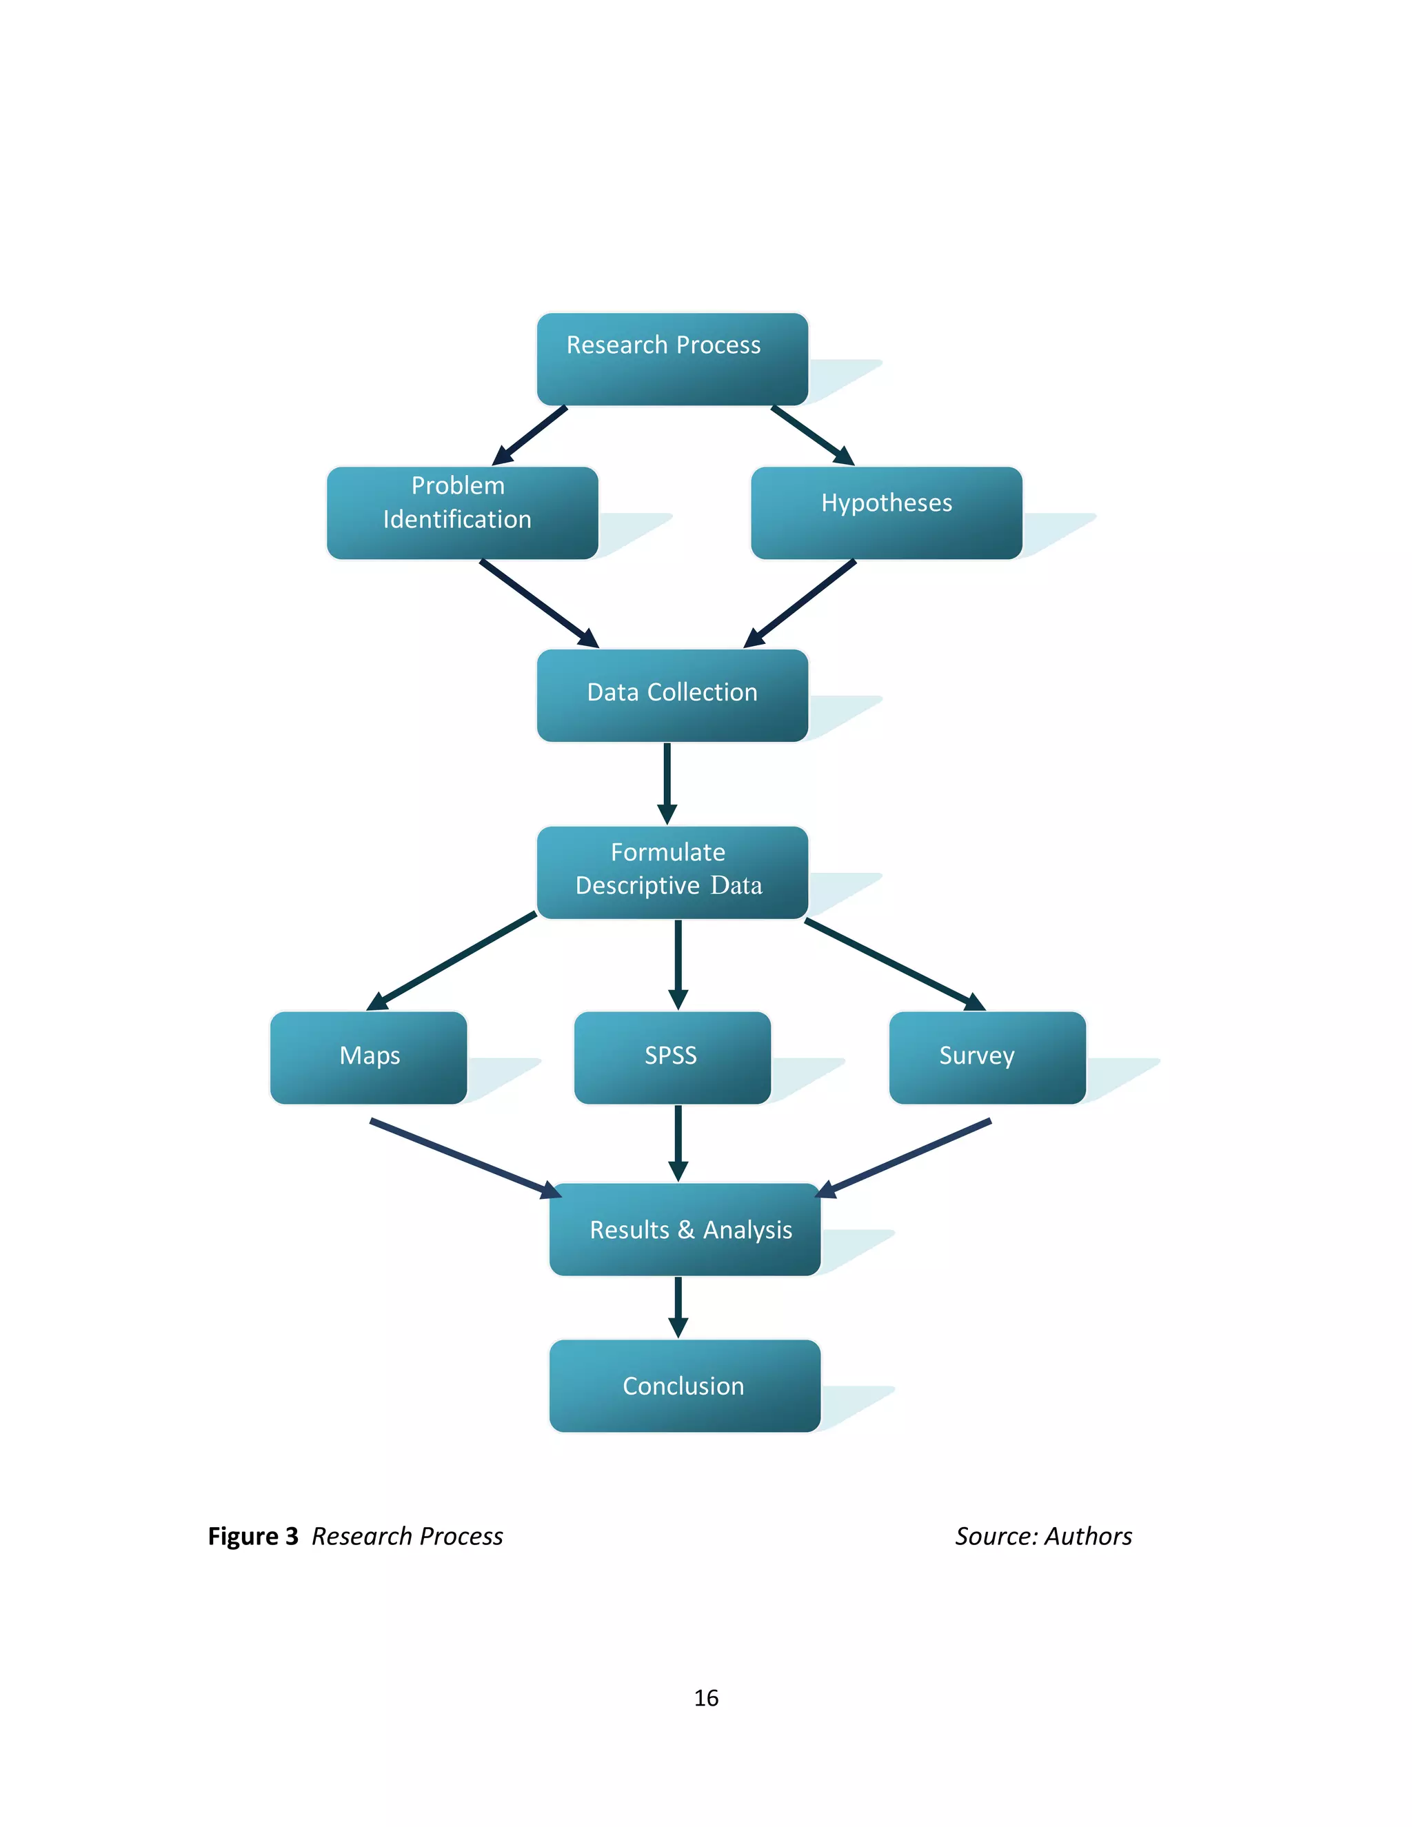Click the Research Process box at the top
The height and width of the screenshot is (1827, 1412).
click(672, 359)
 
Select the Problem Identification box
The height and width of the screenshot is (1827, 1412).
click(462, 513)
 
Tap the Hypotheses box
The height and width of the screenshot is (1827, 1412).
click(886, 513)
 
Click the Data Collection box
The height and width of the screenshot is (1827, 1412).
click(672, 695)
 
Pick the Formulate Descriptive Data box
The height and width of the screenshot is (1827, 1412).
click(672, 873)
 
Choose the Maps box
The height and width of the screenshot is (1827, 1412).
click(368, 1058)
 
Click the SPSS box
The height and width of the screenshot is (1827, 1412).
click(672, 1058)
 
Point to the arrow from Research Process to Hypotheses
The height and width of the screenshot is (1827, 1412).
click(811, 435)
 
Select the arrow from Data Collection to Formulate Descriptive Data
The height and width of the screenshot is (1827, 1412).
click(667, 783)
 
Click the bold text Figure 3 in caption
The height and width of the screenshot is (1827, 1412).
click(252, 1537)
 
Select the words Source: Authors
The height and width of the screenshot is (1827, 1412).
click(1043, 1537)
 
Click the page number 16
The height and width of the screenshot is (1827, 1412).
click(706, 1697)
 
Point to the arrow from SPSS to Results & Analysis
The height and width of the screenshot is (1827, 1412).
click(678, 1142)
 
